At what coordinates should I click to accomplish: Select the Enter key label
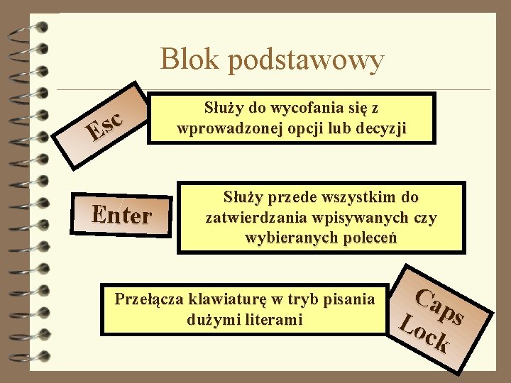click(x=123, y=213)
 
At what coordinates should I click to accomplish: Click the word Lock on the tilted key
click(x=425, y=334)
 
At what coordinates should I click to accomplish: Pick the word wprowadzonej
click(x=224, y=128)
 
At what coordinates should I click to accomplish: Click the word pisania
click(x=349, y=299)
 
